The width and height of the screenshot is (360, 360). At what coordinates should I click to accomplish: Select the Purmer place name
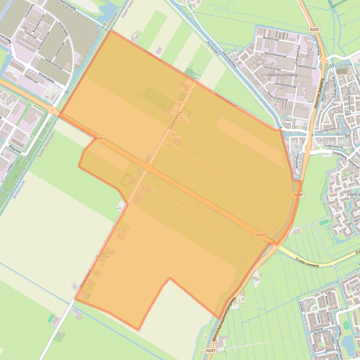[102, 257]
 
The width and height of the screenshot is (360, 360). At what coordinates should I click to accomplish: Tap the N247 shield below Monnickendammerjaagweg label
[210, 350]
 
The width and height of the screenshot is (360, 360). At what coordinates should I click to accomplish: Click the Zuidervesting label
[333, 145]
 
